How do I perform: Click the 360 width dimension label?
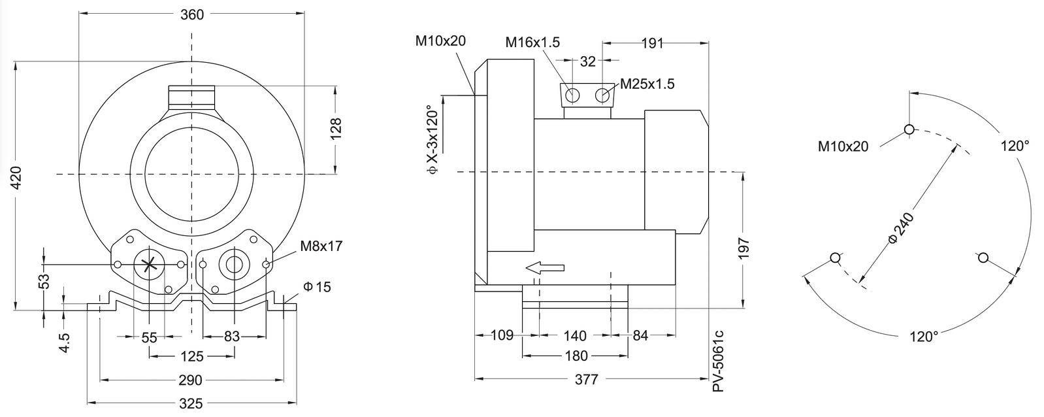192,14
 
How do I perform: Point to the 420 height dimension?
16,178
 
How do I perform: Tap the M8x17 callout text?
321,246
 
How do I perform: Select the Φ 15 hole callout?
317,286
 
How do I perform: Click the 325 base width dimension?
191,403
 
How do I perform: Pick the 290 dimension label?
191,380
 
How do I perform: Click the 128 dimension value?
336,129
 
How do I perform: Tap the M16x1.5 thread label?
532,42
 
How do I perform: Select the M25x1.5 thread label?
647,84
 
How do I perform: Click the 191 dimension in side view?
653,43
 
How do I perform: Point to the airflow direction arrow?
545,268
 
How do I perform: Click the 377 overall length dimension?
586,380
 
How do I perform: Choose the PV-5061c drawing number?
718,361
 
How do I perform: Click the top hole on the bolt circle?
909,129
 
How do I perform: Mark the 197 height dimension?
744,248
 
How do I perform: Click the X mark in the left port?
149,265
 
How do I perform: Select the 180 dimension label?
576,356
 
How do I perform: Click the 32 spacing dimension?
588,61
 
